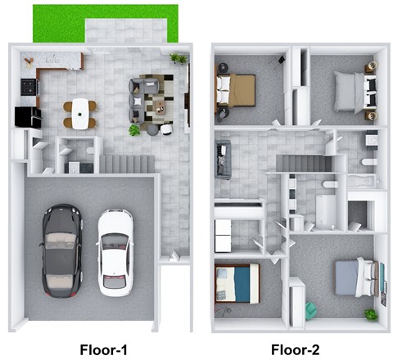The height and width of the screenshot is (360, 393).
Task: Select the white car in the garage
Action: (x=115, y=252)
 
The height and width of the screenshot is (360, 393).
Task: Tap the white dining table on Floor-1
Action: (x=79, y=113)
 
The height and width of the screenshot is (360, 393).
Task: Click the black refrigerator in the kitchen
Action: (x=27, y=116)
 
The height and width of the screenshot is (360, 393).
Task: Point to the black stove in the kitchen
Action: (x=28, y=86)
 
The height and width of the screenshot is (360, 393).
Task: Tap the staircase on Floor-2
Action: (x=301, y=164)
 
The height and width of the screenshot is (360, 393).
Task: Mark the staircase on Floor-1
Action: (x=127, y=164)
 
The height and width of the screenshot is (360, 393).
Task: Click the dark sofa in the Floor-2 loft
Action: (x=224, y=159)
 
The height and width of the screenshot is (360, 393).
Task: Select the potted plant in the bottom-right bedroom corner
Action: (x=371, y=313)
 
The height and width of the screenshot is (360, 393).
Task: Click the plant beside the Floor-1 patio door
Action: (x=177, y=58)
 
